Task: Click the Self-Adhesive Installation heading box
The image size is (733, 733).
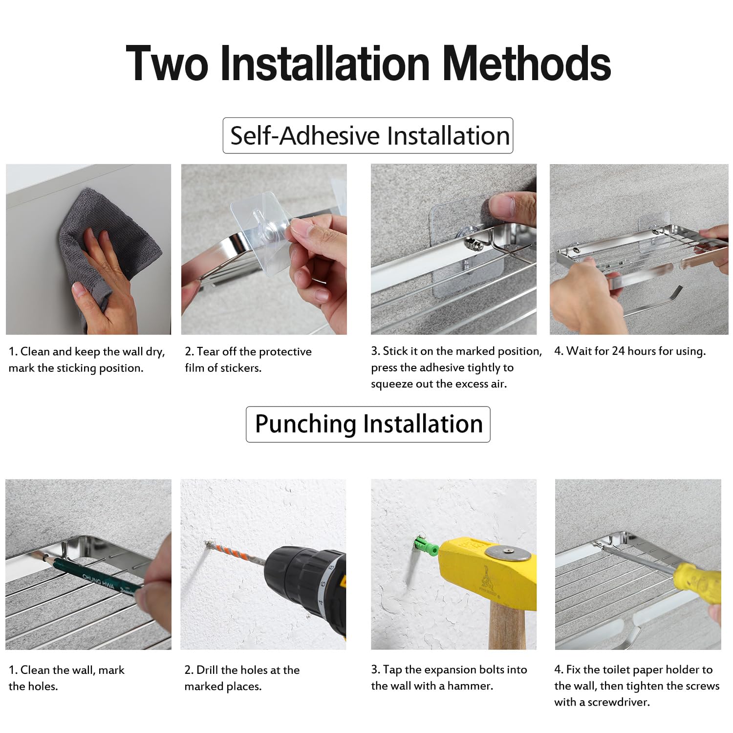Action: tap(368, 135)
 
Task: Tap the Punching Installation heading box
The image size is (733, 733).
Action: tap(368, 424)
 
